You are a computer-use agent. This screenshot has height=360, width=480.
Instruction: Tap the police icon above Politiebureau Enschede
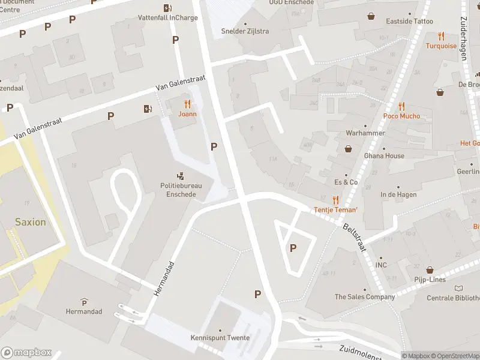[x=181, y=176]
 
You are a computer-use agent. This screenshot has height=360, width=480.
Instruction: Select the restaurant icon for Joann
[x=187, y=104]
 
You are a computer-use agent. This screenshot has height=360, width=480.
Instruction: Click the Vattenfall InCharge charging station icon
[x=167, y=8]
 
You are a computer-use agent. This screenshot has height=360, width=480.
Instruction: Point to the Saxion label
[x=30, y=222]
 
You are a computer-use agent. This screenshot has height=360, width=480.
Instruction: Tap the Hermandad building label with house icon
[x=84, y=311]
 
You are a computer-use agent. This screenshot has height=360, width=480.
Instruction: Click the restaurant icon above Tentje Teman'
[x=336, y=200]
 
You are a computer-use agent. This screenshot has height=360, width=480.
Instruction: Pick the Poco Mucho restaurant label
[x=401, y=116]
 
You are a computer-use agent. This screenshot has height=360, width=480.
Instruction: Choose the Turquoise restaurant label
[x=441, y=46]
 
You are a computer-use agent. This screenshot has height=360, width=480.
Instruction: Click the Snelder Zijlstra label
[x=245, y=31]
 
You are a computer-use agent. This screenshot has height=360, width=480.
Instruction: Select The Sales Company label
[x=365, y=297]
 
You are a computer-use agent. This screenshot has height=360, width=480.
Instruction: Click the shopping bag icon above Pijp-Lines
[x=429, y=269]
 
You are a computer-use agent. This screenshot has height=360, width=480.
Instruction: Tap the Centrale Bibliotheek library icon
[x=459, y=289]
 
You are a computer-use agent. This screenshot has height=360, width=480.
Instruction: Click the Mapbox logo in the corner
[x=26, y=353]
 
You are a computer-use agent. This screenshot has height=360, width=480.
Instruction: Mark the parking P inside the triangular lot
[x=293, y=248]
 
